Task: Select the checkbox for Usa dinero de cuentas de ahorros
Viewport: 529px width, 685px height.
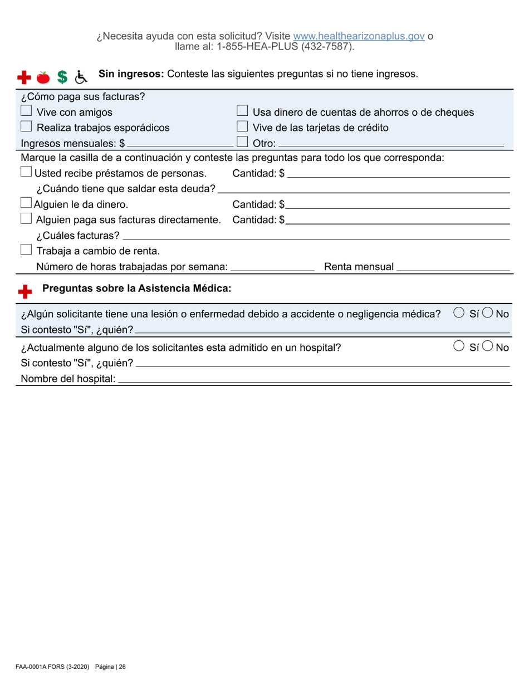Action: point(242,112)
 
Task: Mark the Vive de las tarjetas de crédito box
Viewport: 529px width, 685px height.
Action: point(242,128)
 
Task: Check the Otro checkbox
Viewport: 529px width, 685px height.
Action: point(242,143)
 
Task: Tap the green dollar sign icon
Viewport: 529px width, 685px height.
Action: point(63,77)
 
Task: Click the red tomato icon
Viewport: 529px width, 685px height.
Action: point(43,77)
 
